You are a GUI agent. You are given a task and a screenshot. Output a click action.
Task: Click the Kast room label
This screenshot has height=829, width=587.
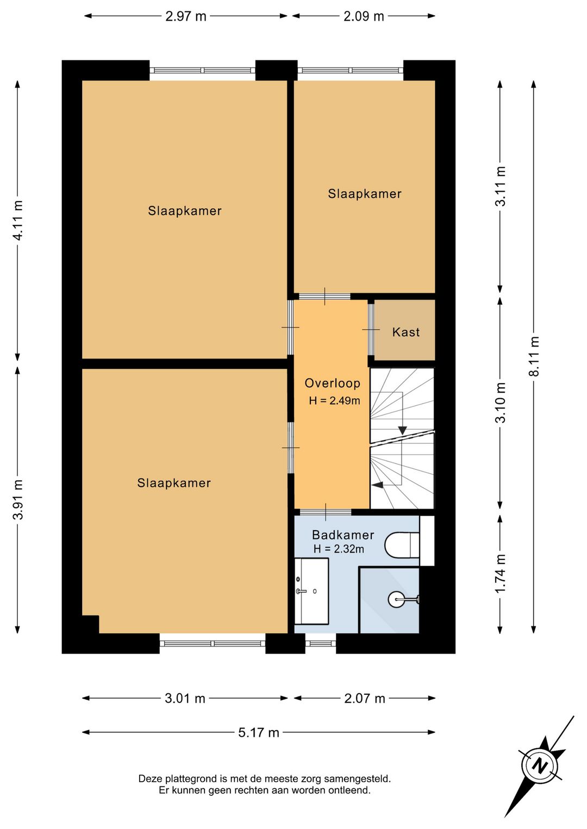tap(406, 332)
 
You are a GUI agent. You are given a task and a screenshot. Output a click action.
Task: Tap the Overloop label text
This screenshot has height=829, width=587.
tap(332, 384)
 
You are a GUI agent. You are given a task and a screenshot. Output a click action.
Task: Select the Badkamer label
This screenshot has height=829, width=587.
tap(343, 535)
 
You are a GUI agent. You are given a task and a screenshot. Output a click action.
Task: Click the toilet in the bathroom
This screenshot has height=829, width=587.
tap(402, 545)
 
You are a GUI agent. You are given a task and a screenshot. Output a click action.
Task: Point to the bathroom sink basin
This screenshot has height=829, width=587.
tap(311, 591)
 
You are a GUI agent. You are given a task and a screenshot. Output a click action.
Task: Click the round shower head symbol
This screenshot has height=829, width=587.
tap(396, 599)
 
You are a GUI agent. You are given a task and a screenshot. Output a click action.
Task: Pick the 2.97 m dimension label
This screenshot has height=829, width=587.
tap(185, 16)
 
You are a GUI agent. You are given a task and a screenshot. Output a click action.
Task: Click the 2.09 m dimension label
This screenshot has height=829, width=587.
tap(364, 16)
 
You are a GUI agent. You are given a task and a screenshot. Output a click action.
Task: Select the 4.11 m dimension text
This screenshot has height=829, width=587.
tap(18, 221)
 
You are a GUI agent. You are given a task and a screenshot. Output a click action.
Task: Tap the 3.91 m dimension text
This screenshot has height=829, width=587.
tap(18, 500)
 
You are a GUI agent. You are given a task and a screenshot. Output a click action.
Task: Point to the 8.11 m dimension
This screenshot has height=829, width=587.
tap(534, 356)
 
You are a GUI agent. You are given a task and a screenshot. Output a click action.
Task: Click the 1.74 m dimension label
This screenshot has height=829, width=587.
tap(501, 574)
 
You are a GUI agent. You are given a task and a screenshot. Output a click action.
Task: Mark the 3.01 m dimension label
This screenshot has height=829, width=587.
tap(185, 699)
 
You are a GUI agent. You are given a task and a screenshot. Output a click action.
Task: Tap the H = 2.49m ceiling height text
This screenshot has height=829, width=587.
tap(334, 401)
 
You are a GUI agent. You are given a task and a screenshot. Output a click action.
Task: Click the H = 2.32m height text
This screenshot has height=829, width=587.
tap(339, 549)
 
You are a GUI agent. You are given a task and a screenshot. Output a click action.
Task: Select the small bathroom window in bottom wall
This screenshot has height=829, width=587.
tap(321, 644)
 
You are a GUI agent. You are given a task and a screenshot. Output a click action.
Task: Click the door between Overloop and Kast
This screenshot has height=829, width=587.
tap(371, 329)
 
